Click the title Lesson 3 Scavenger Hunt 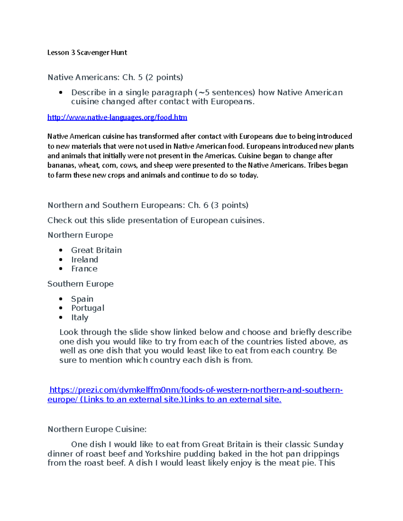pyautogui.click(x=87, y=53)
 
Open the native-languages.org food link pyautogui.click(x=117, y=117)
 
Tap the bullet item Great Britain pyautogui.click(x=96, y=250)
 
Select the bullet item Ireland pyautogui.click(x=85, y=260)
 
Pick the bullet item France pyautogui.click(x=84, y=269)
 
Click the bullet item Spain pyautogui.click(x=82, y=299)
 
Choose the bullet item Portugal pyautogui.click(x=88, y=308)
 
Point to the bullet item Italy pyautogui.click(x=80, y=317)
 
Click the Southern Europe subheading pyautogui.click(x=81, y=284)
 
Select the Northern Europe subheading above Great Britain pyautogui.click(x=80, y=235)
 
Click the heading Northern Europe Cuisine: pyautogui.click(x=97, y=429)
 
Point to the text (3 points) pyautogui.click(x=230, y=205)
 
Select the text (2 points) pyautogui.click(x=164, y=77)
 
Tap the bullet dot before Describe pyautogui.click(x=61, y=93)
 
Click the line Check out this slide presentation pyautogui.click(x=156, y=220)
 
